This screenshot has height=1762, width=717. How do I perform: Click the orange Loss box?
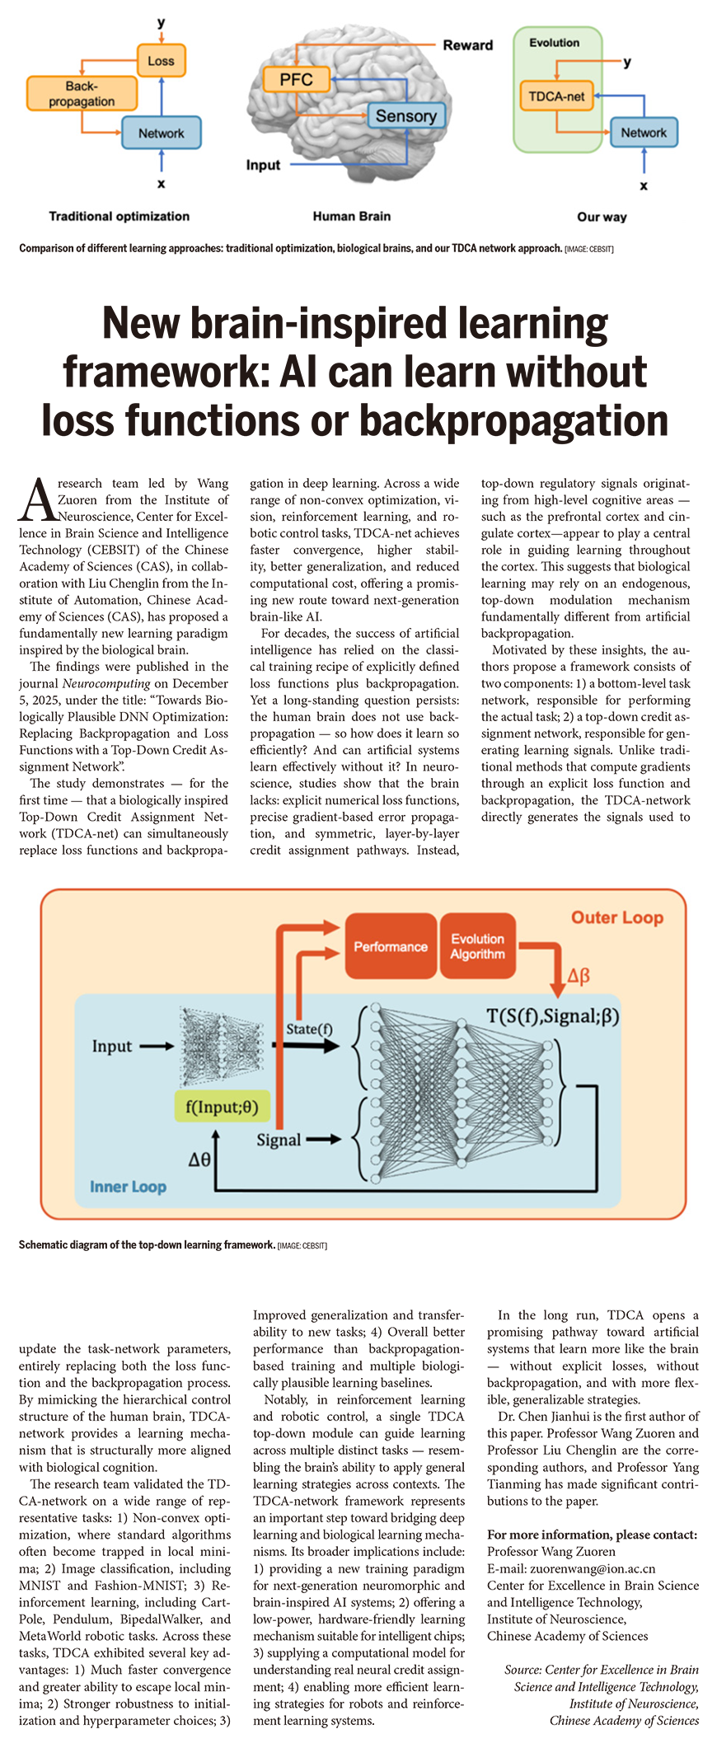click(161, 61)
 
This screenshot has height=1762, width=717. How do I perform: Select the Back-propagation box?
click(82, 94)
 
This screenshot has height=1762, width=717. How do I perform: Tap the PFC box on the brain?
click(296, 80)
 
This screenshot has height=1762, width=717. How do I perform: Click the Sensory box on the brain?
click(405, 116)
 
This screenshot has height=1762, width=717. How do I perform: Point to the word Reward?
click(467, 45)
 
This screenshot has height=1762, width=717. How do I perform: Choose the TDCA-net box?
click(556, 96)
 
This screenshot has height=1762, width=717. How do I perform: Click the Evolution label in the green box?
click(554, 43)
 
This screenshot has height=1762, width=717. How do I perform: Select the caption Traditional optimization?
click(119, 216)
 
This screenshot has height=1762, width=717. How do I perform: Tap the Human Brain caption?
click(351, 216)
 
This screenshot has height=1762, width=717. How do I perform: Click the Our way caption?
click(602, 217)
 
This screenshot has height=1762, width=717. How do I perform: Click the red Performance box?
click(391, 946)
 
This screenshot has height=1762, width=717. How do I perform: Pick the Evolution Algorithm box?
click(477, 946)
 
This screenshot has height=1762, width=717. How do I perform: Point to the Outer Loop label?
click(616, 917)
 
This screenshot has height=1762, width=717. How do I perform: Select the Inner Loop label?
click(128, 1187)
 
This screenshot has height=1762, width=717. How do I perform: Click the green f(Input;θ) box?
click(222, 1106)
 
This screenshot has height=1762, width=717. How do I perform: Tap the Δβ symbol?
click(579, 977)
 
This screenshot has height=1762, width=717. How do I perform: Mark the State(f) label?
click(309, 1029)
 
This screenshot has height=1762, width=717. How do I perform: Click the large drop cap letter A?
click(37, 500)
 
